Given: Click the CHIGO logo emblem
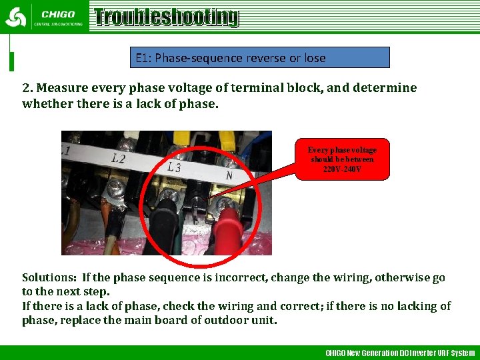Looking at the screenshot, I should (x=15, y=17).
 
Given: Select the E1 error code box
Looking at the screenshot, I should (x=259, y=57).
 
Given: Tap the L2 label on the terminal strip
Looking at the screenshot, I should (x=119, y=159).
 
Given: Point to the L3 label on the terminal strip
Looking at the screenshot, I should (x=173, y=167).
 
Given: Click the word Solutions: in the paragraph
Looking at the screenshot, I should (x=49, y=277).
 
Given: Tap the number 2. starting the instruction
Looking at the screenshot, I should (x=27, y=88).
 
